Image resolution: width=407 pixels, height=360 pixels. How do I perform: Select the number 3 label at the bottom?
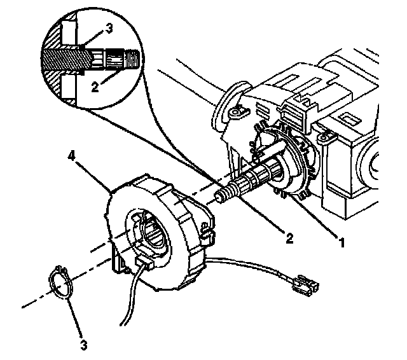pos(83,346)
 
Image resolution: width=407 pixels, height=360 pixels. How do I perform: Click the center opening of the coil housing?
pos(151,236)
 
